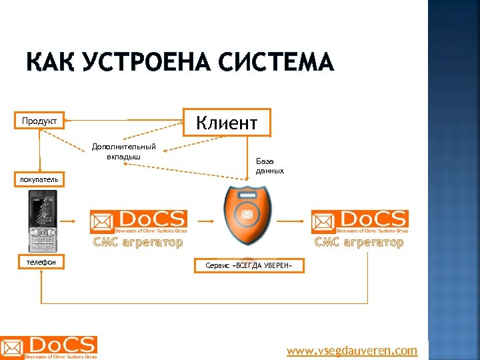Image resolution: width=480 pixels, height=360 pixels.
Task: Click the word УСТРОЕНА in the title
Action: (142, 63)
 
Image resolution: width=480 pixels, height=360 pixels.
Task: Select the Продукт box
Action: (39, 121)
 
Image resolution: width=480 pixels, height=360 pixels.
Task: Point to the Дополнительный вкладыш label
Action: (124, 151)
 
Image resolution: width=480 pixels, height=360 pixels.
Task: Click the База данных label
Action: (270, 166)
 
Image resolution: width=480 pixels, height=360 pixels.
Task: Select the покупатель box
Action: (39, 179)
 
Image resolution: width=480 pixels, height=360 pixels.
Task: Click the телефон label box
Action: (41, 263)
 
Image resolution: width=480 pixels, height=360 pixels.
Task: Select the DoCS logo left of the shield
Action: (139, 221)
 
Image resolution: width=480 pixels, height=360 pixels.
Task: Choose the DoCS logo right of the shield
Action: (360, 221)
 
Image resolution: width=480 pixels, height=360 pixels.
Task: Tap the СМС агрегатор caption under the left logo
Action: (138, 243)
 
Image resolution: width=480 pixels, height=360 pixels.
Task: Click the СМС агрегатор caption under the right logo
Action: (359, 243)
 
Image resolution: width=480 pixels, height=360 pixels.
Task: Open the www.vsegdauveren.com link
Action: (352, 351)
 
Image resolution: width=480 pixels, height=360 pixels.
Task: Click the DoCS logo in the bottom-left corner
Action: (49, 348)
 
